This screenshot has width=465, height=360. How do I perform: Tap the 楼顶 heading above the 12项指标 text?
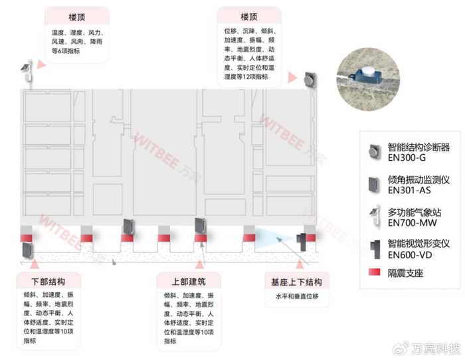coord(250,17)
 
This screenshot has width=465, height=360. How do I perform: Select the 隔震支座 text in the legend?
coord(405,272)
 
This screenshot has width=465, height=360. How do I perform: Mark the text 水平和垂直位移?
coord(292,296)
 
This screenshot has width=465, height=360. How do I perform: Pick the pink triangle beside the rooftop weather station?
coord(41,64)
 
